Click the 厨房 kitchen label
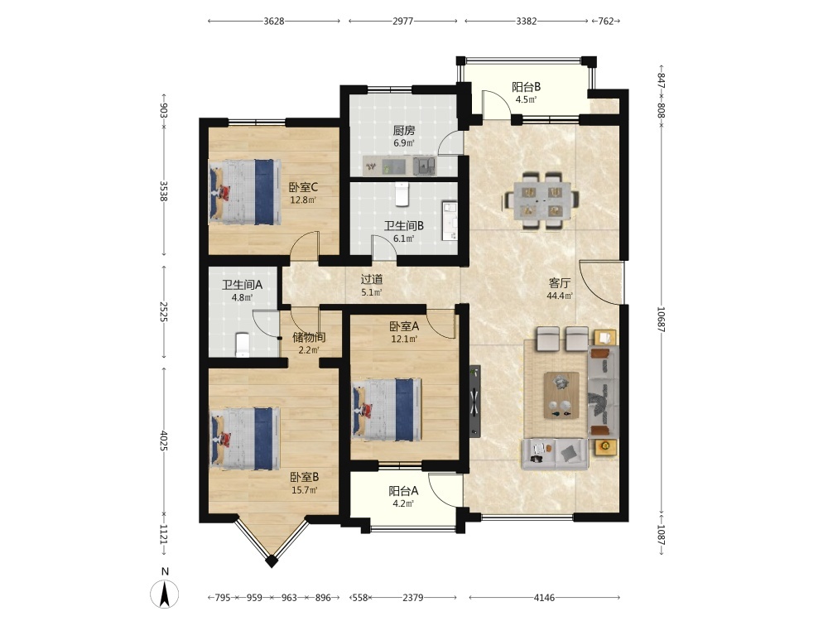404,130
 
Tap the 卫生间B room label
404,226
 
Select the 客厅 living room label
559,283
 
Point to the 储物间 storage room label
309,338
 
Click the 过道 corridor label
372,279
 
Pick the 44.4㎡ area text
559,296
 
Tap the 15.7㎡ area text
305,490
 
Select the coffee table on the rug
562,395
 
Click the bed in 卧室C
245,191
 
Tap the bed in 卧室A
388,409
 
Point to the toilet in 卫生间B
402,194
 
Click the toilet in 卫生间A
242,344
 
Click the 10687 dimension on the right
661,320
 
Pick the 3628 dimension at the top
274,22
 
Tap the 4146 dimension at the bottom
545,598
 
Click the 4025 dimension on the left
164,441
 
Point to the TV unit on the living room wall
474,402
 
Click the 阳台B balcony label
527,87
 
